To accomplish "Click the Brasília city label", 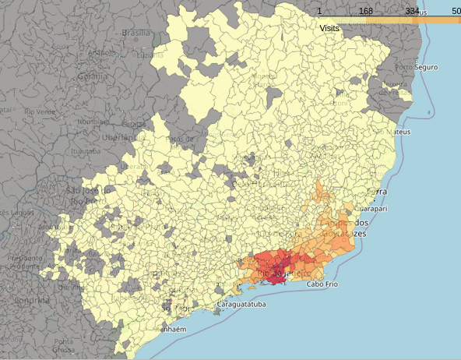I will coord(135,33).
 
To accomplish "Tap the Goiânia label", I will coord(92,76).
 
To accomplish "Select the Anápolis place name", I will coord(102,53).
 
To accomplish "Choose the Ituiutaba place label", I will coord(86,151).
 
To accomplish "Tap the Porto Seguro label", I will coord(416,68).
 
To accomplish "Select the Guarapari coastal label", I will coord(371,209).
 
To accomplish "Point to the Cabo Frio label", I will coord(322,284).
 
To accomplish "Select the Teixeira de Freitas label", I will coord(393,89).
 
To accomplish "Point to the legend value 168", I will coord(365,11).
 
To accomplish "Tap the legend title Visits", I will coord(329,27).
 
